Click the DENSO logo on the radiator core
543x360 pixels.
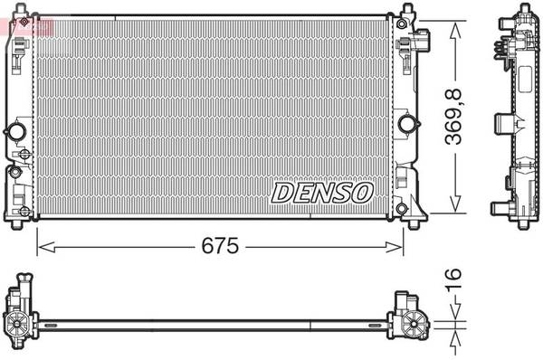pos(322,192)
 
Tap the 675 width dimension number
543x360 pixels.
pos(220,246)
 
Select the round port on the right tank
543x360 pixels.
pos(406,123)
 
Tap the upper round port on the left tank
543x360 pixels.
pos(15,132)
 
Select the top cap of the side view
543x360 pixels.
pos(523,10)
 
